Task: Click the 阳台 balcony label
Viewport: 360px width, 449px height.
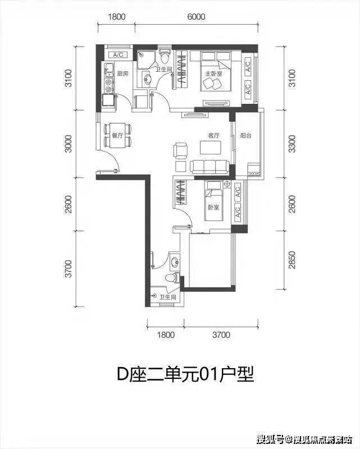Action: pyautogui.click(x=245, y=135)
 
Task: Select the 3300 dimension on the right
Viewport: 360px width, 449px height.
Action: pyautogui.click(x=291, y=147)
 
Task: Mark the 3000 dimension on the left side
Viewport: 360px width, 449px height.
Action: pyautogui.click(x=69, y=145)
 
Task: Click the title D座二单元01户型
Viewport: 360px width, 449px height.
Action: pyautogui.click(x=180, y=373)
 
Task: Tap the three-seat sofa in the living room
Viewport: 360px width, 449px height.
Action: pyautogui.click(x=209, y=167)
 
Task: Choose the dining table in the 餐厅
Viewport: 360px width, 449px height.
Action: pyautogui.click(x=117, y=135)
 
